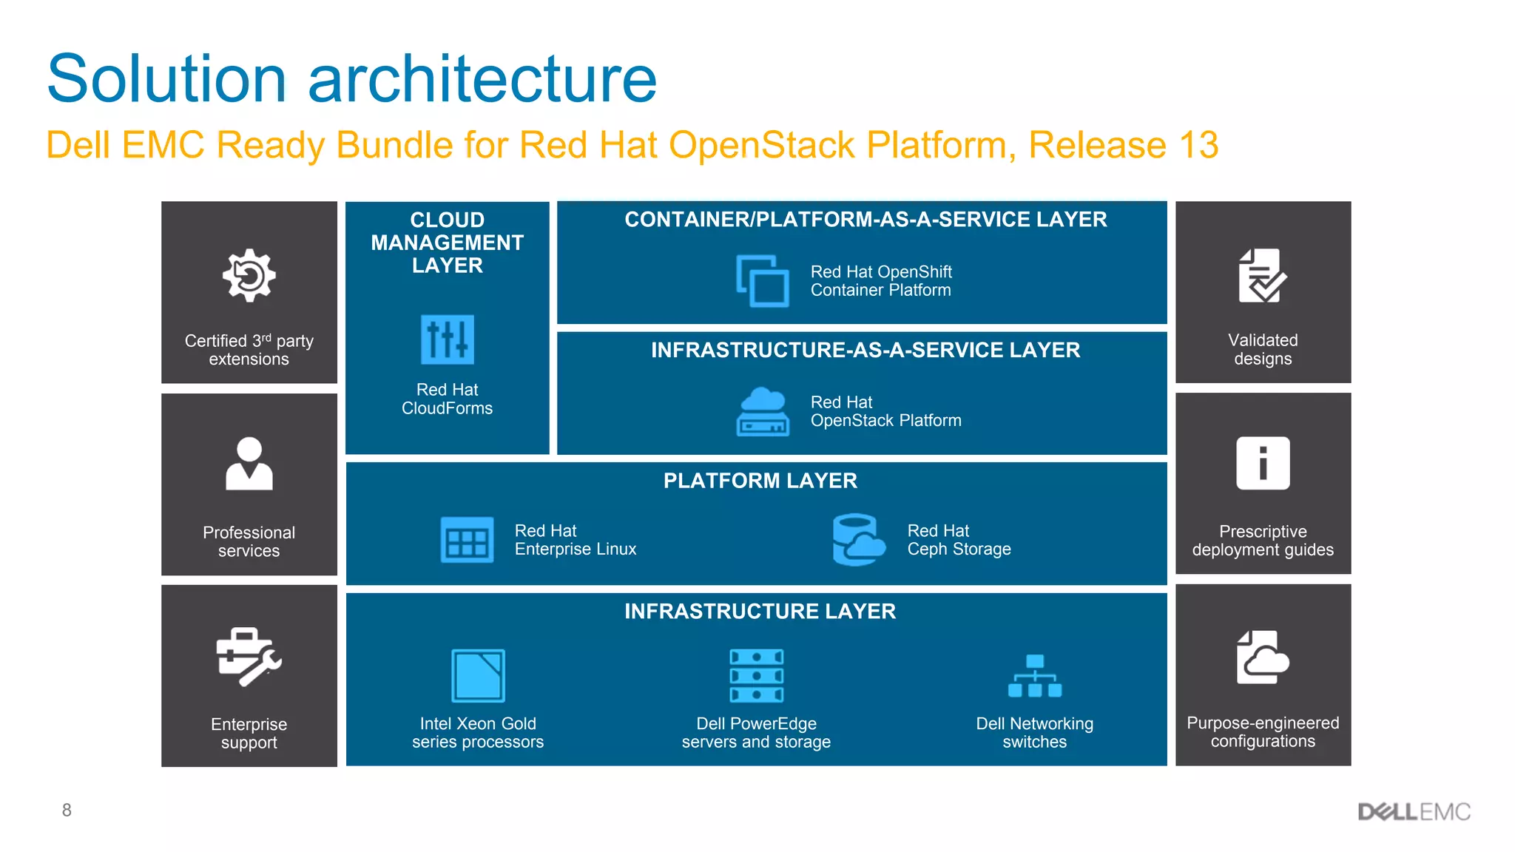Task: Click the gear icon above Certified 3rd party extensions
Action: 249,275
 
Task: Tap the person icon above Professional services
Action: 249,464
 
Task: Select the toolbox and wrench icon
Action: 249,657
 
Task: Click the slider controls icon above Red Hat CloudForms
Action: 448,339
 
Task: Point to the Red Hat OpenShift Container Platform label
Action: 880,281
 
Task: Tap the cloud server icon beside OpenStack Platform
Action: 763,411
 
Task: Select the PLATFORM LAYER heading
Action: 760,481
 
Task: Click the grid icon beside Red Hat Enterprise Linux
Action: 467,540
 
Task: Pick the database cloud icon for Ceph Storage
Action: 858,540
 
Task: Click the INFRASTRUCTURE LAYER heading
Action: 760,611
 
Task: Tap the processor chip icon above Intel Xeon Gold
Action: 478,675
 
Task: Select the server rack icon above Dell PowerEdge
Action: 756,675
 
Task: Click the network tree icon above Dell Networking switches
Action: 1034,676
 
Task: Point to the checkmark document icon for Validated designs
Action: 1263,276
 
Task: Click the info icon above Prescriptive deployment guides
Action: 1263,464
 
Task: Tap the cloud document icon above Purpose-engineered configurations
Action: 1262,657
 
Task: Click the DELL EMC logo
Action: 1414,812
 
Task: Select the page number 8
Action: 67,811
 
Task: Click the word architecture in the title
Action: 482,80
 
